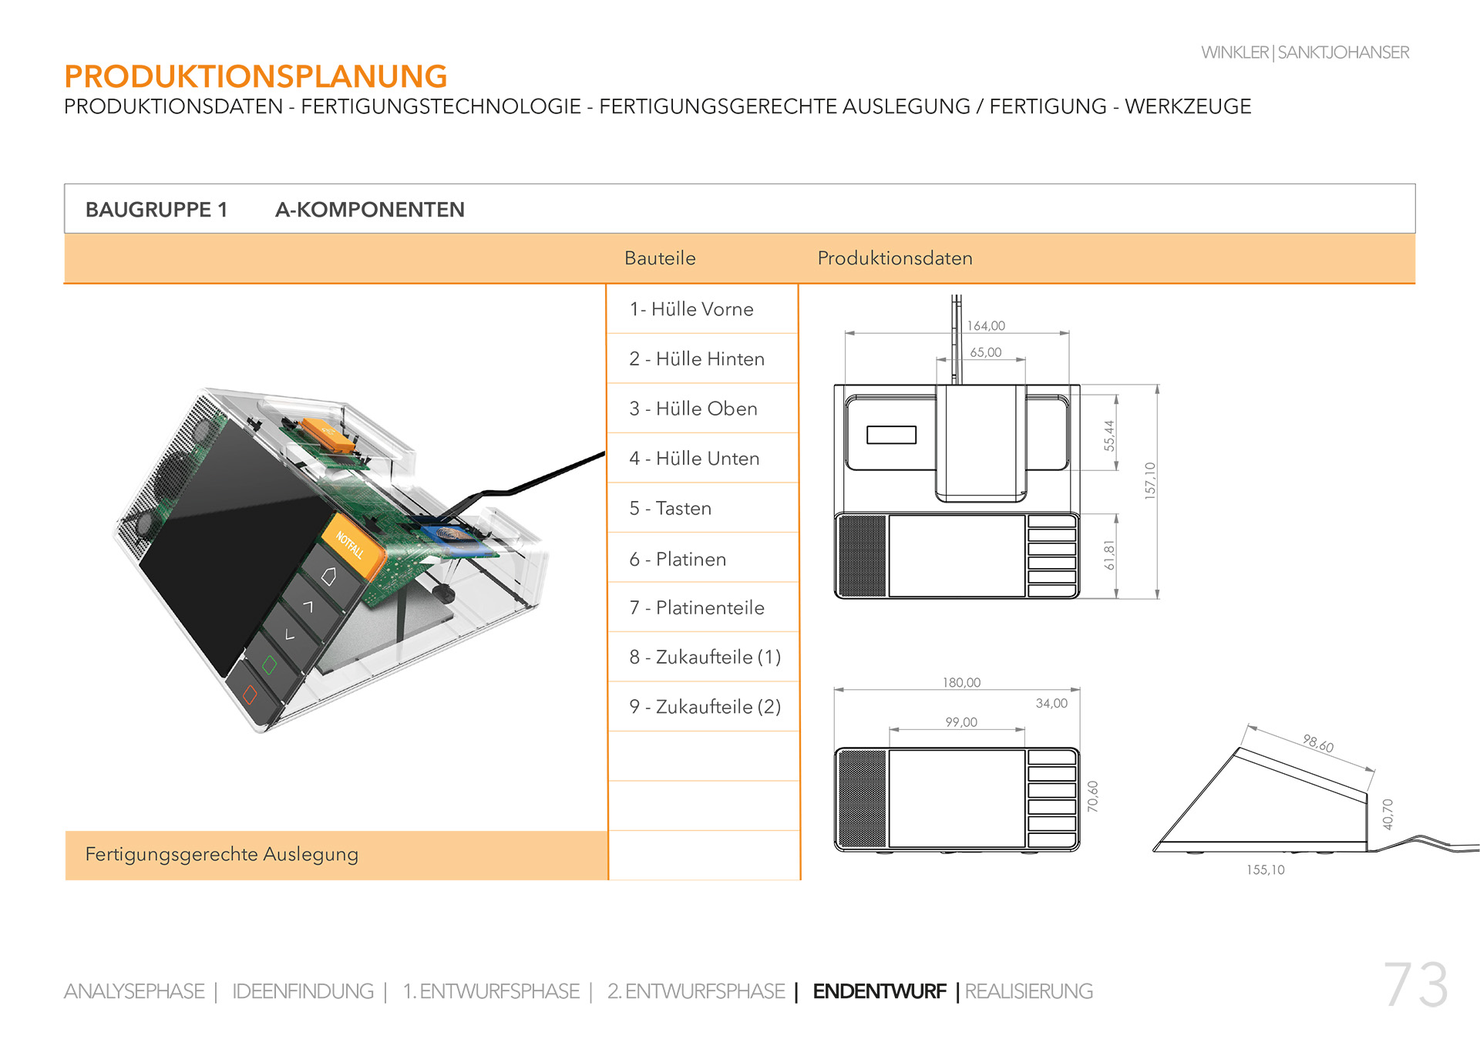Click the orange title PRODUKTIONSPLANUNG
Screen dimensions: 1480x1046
[x=256, y=76]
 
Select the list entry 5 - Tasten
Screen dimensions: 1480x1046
[x=670, y=508]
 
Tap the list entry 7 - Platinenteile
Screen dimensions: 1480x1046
[x=697, y=607]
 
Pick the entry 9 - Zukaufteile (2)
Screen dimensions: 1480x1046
[x=705, y=706]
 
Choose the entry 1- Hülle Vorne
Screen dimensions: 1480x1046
[x=691, y=309]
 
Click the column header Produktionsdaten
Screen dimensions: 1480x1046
[x=895, y=258]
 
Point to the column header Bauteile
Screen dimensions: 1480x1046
[x=660, y=258]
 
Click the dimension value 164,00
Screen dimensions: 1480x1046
[x=986, y=326]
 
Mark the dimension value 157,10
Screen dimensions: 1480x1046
[x=1150, y=481]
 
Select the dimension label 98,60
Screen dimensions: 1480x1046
[x=1318, y=743]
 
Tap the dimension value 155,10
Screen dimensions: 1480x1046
[x=1266, y=869]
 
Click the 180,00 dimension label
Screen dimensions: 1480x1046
[x=961, y=682]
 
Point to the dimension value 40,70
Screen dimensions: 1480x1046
[x=1387, y=814]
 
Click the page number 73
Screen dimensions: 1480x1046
[x=1415, y=984]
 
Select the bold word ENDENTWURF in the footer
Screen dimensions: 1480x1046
[x=880, y=991]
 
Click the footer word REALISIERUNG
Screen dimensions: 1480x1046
[x=1028, y=991]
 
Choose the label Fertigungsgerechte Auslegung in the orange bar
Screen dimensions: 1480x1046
[x=222, y=854]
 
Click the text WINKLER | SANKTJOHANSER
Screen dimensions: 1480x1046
[x=1305, y=52]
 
